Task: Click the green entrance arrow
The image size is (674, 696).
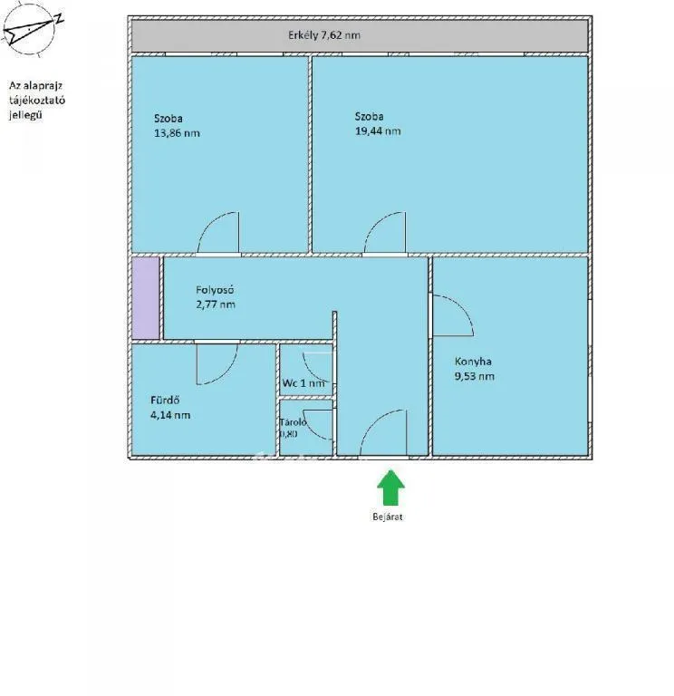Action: (x=390, y=487)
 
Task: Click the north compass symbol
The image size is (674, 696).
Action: (x=31, y=32)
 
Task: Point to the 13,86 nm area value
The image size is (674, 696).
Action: (x=178, y=132)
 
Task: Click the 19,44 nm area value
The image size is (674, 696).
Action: (x=378, y=130)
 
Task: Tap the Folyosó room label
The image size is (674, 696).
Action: (x=216, y=291)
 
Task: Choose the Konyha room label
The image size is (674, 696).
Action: (x=473, y=362)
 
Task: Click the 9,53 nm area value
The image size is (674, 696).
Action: (x=475, y=375)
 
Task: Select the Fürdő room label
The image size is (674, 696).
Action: (x=165, y=401)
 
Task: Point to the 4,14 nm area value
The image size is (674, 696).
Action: (x=170, y=415)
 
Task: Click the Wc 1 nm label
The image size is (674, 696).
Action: (x=303, y=383)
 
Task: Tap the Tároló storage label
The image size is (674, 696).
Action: (x=294, y=421)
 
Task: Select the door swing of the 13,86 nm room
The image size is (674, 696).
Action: (x=220, y=232)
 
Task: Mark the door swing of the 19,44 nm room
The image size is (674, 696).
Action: (x=386, y=232)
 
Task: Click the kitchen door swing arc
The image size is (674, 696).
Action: (x=451, y=317)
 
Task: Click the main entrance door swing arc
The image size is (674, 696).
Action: (x=382, y=433)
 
